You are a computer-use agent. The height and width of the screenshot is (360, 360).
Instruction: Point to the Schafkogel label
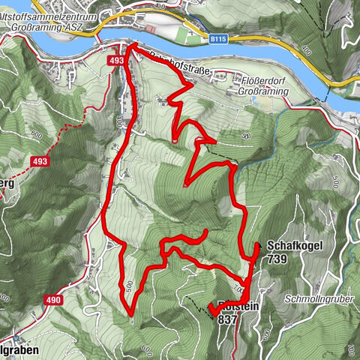point(288,246)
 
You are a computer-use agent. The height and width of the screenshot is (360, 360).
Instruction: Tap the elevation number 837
point(226,319)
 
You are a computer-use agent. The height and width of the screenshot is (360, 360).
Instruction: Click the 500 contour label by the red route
point(129,285)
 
